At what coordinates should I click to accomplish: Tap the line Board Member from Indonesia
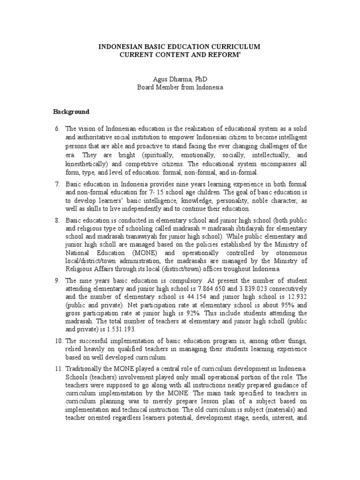[x=180, y=87]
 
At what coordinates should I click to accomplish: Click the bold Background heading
[x=71, y=112]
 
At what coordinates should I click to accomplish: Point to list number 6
[x=57, y=128]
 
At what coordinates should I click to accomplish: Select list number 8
[x=57, y=221]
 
